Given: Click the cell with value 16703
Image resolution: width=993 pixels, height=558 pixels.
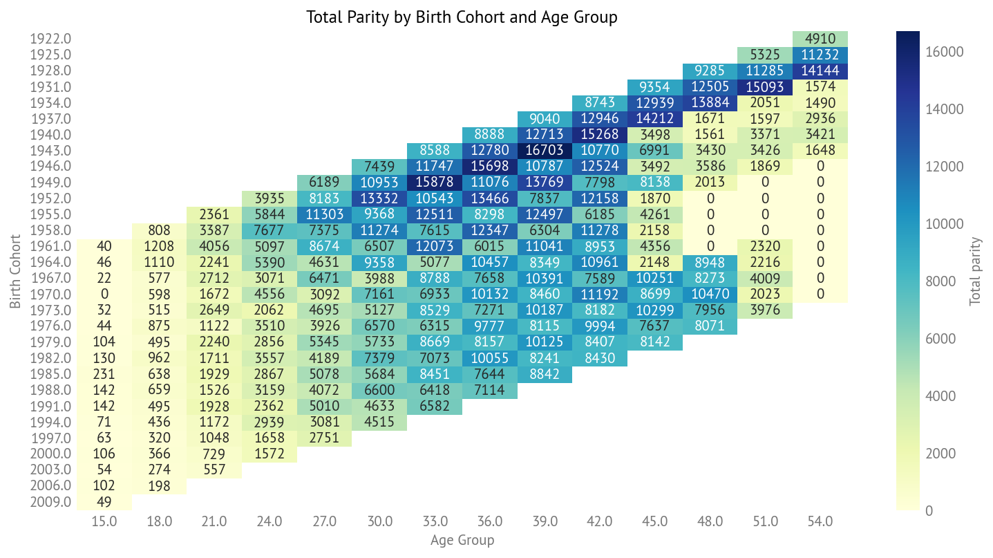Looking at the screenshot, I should [x=545, y=150].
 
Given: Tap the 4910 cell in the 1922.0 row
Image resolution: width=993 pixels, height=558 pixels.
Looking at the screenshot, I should [x=820, y=39].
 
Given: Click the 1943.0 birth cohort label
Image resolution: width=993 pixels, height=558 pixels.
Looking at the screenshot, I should [x=51, y=150].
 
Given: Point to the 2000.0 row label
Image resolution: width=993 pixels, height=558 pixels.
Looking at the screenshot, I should [x=51, y=454].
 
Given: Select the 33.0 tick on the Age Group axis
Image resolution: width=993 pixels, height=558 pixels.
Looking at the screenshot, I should [x=435, y=521].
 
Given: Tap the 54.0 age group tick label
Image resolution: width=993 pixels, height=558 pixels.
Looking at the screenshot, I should [x=820, y=521].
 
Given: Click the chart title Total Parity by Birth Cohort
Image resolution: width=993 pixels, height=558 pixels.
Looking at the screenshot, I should [x=462, y=17].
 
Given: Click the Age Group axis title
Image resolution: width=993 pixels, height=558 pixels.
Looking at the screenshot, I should [x=462, y=540].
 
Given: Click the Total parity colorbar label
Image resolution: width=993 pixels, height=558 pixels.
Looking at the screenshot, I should [x=975, y=271].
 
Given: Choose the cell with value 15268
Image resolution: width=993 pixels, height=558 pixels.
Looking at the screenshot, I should [x=600, y=134].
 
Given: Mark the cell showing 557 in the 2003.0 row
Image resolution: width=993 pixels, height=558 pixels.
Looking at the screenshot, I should [x=214, y=469].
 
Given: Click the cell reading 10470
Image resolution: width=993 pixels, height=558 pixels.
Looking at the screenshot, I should [x=710, y=294].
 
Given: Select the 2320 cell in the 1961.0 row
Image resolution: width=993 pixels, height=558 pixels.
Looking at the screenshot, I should [x=764, y=246].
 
